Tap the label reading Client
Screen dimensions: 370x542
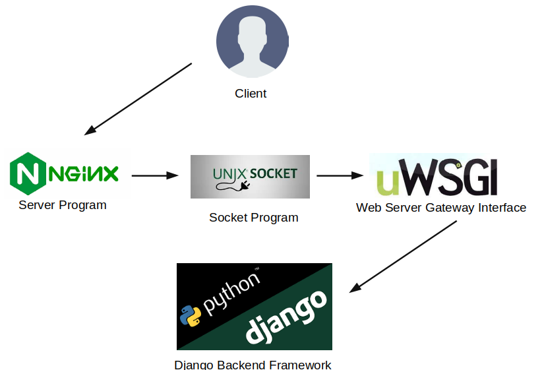(x=251, y=94)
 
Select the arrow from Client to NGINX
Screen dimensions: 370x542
(x=138, y=99)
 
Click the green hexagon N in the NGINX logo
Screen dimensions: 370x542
(x=26, y=173)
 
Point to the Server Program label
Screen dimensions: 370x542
(x=63, y=205)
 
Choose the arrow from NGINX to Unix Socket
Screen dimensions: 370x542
(x=156, y=175)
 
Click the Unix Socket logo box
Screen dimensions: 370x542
(x=250, y=176)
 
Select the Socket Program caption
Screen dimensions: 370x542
(x=254, y=218)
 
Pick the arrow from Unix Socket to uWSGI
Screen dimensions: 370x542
(x=340, y=175)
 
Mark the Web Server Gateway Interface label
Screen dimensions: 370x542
(x=441, y=208)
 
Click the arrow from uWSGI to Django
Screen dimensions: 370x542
(x=403, y=256)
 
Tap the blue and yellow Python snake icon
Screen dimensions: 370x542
(x=191, y=316)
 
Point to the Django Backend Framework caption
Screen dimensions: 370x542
(x=253, y=365)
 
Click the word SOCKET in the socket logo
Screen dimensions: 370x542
(x=274, y=174)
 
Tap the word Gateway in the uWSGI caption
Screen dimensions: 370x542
(x=442, y=208)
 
